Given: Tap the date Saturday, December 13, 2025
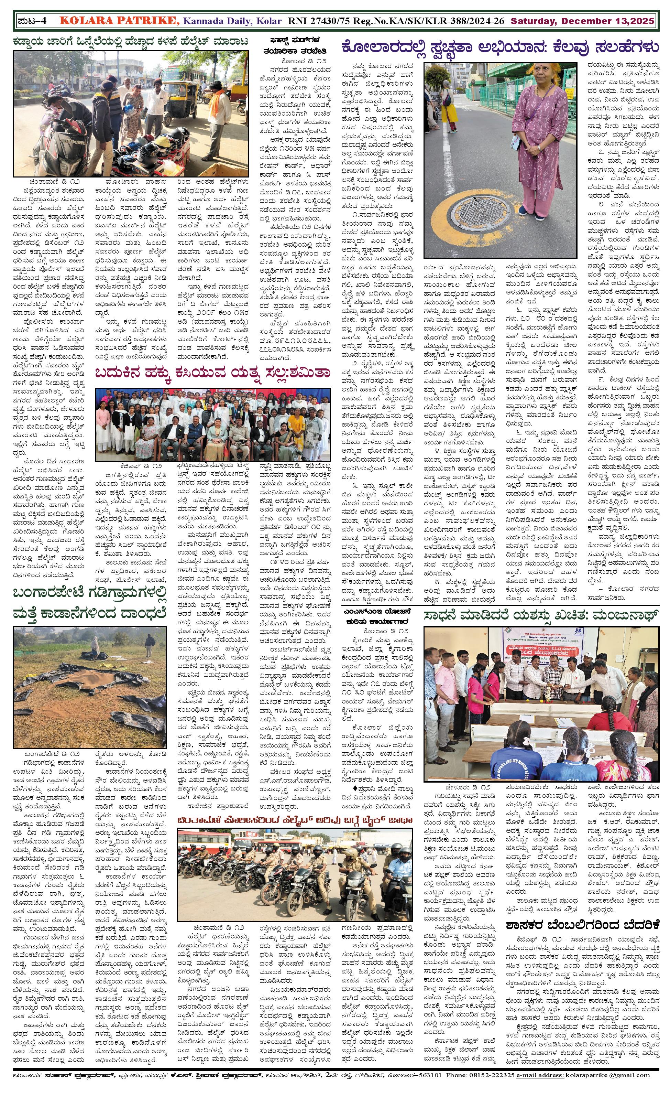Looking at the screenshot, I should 582,21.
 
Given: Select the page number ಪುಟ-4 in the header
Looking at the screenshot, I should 33,21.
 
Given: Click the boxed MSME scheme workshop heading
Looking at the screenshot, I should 378,617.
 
